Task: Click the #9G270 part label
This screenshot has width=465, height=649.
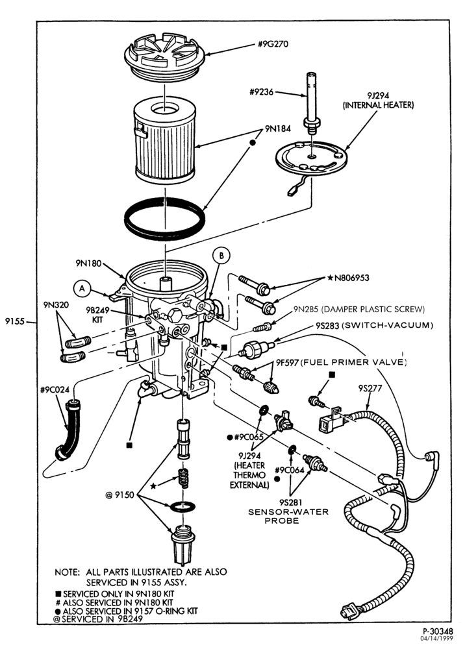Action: pos(273,44)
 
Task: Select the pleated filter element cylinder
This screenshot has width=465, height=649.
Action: pos(165,141)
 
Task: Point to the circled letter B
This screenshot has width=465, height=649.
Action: pos(221,256)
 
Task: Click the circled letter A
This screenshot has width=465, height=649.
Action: pos(82,289)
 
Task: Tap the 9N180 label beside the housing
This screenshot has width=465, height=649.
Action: pos(88,263)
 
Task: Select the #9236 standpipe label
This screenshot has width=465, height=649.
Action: pos(261,92)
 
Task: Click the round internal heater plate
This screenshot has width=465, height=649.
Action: pos(311,160)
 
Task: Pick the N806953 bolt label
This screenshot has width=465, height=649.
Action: pos(348,278)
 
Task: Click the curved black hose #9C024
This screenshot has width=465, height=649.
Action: pos(69,429)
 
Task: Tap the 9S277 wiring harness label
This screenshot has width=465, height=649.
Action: pos(370,388)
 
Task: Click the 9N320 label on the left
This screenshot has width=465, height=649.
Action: pos(56,305)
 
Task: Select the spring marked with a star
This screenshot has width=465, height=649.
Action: pos(182,479)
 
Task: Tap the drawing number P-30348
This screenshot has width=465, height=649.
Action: pos(438,631)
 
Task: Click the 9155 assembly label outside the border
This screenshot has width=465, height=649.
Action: pos(16,321)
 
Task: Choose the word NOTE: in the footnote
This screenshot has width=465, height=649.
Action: pos(67,572)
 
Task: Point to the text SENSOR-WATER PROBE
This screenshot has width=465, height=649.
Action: pos(288,516)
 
